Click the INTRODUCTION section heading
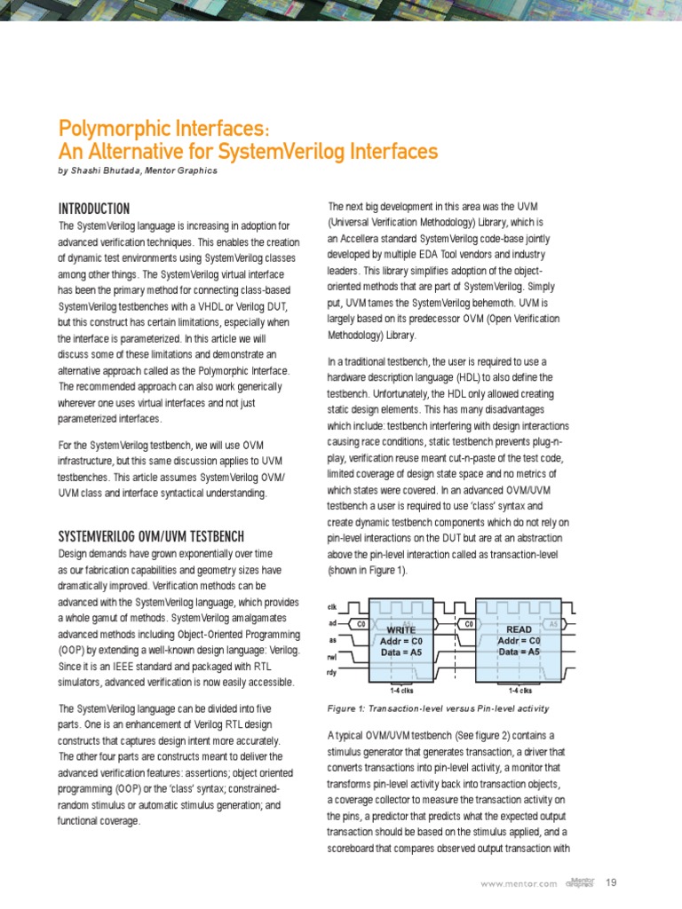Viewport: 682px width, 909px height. click(93, 209)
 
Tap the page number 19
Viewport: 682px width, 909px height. click(610, 882)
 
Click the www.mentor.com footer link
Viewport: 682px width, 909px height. click(519, 883)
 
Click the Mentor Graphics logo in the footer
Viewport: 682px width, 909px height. click(580, 881)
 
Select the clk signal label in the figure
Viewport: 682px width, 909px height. click(333, 607)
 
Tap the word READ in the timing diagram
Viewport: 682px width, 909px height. click(519, 628)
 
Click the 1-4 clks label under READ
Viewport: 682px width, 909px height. click(519, 690)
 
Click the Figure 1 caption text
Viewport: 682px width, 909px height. click(438, 708)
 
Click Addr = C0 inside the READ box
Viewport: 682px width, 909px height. click(519, 640)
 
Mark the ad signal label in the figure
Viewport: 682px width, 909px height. click(333, 623)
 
